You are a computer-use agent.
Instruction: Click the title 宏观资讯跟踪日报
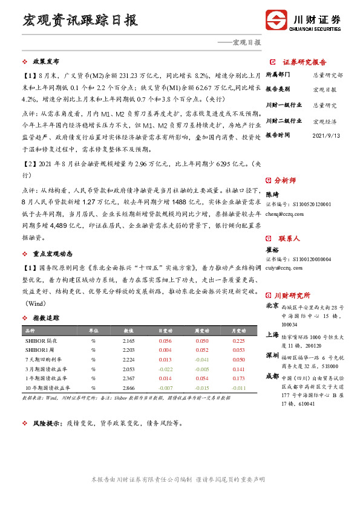[80, 21]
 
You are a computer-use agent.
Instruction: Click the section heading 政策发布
[46, 62]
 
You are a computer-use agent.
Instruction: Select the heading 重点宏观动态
[54, 253]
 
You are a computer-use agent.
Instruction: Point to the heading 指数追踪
[46, 317]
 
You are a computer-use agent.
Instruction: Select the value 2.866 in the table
[128, 387]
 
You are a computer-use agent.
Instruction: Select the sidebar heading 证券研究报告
[304, 62]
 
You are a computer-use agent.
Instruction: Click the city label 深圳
[273, 355]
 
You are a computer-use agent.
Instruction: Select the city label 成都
[273, 376]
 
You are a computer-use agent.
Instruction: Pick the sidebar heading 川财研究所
[292, 295]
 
